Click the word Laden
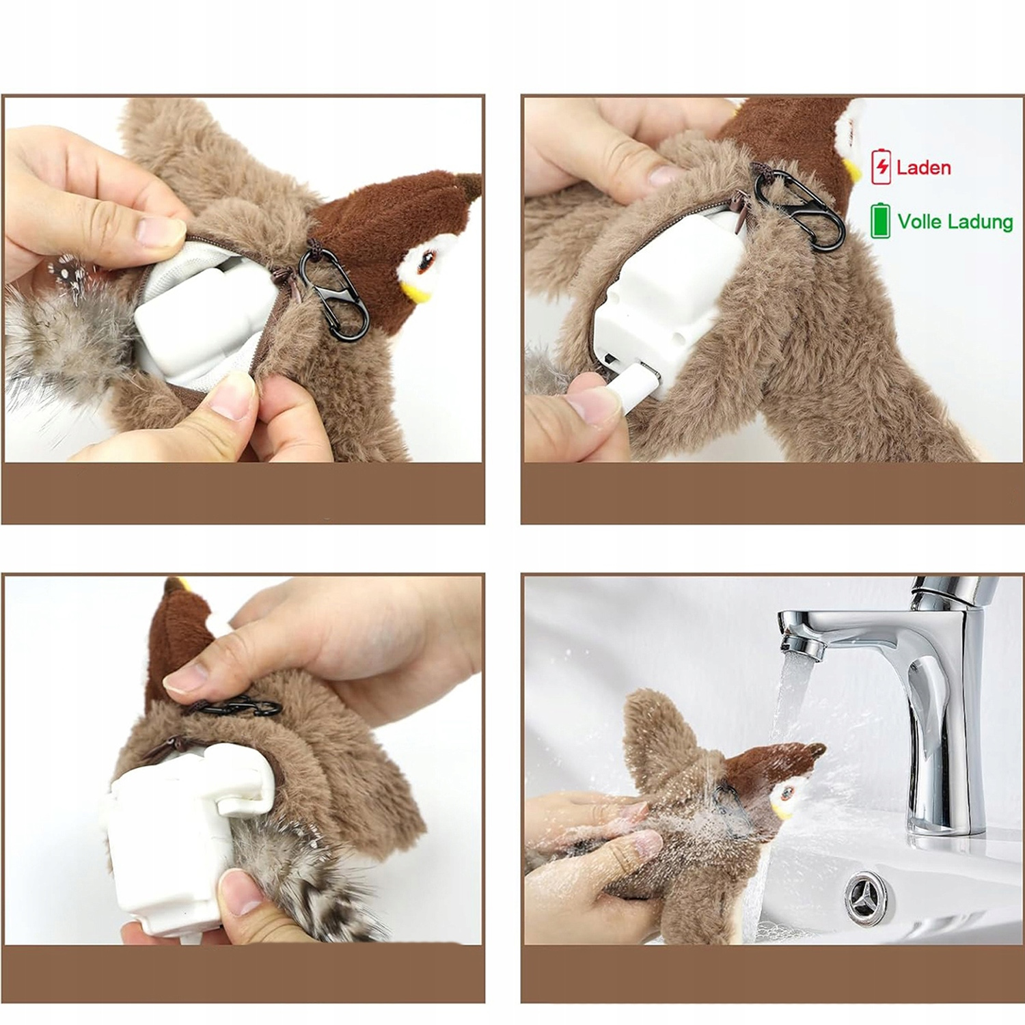pos(923,167)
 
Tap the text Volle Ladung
pos(955,221)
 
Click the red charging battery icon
pos(881,166)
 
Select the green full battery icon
pos(880,220)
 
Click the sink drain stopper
pos(869,895)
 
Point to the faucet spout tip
pos(801,646)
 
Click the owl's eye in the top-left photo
pos(427,262)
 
